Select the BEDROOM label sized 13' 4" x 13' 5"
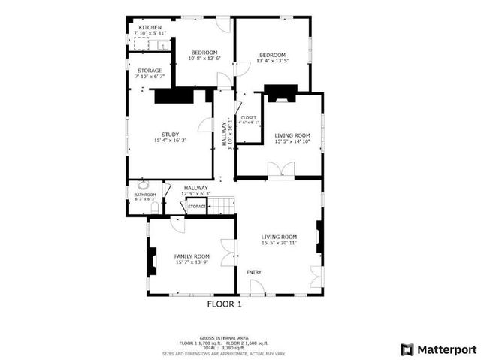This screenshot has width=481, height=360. pos(272,55)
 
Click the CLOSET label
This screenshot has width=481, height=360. pos(248,118)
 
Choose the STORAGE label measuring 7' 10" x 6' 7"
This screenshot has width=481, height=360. pos(149,71)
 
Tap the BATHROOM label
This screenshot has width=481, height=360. pos(145,195)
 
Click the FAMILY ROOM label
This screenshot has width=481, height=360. pos(192,256)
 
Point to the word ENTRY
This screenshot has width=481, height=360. pos(254,271)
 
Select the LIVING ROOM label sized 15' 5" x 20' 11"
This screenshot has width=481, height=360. pos(279,237)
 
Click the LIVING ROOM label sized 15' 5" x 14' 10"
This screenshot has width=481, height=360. pos(292,135)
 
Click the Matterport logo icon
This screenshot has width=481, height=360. pos(407,349)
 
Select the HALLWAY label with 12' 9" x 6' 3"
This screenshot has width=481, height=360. pos(195,188)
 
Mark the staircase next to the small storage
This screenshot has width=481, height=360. pos(222,205)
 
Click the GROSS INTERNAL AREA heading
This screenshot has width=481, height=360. pos(219,337)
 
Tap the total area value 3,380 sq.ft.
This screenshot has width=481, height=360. pos(233,348)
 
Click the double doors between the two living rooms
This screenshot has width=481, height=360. pos(277,171)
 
